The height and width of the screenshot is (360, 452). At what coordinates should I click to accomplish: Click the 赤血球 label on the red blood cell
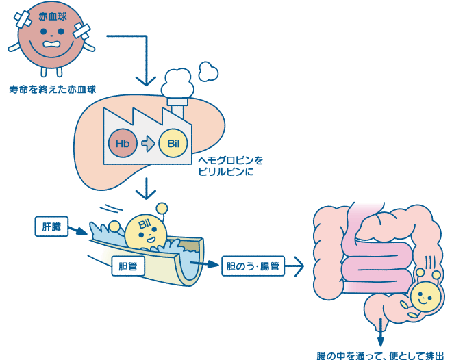tap(53, 16)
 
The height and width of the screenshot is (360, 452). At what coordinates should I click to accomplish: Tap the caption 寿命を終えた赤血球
tap(53, 90)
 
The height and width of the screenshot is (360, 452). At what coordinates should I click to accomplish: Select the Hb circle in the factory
tap(123, 143)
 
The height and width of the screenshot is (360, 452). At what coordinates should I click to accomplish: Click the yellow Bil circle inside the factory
tap(173, 143)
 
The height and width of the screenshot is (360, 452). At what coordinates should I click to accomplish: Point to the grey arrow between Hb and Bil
tap(148, 143)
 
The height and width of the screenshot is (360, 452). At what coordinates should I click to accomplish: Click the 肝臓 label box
tap(51, 227)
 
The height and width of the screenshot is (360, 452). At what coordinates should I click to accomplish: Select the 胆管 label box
tap(128, 266)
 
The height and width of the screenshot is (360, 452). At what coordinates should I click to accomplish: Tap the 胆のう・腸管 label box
tap(253, 266)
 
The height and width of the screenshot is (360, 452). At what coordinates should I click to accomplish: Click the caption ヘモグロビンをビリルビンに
tap(230, 166)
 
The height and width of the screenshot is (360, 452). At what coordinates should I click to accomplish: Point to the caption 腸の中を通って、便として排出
tap(380, 355)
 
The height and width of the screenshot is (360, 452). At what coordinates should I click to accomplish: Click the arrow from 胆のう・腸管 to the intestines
tap(294, 266)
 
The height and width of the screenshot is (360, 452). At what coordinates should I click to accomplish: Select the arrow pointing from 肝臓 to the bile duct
tap(78, 231)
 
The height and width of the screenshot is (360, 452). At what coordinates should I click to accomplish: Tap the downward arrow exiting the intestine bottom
tap(381, 332)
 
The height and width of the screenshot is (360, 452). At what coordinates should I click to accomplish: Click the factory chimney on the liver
tap(177, 108)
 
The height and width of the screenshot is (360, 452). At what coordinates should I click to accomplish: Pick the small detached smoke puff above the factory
tap(208, 71)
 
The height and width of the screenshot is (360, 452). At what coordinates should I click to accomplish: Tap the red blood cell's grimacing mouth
tap(53, 44)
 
